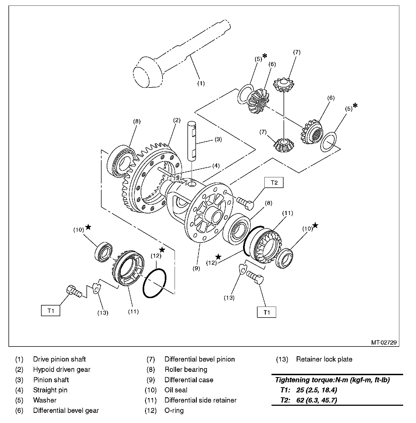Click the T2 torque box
point(274,183)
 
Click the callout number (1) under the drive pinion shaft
point(201,83)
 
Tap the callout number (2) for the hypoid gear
point(177,120)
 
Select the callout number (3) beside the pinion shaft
point(218,139)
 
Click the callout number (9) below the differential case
point(196,268)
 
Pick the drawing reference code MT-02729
point(384,342)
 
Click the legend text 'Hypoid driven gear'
point(62,370)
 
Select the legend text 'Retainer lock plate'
point(324,359)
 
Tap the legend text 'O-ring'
point(174,410)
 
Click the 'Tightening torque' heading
point(332,380)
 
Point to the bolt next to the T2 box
point(245,203)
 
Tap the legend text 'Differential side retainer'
point(200,400)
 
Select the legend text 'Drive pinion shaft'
point(59,359)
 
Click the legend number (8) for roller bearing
point(151,370)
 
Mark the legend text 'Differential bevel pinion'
point(200,359)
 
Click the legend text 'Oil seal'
point(176,390)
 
